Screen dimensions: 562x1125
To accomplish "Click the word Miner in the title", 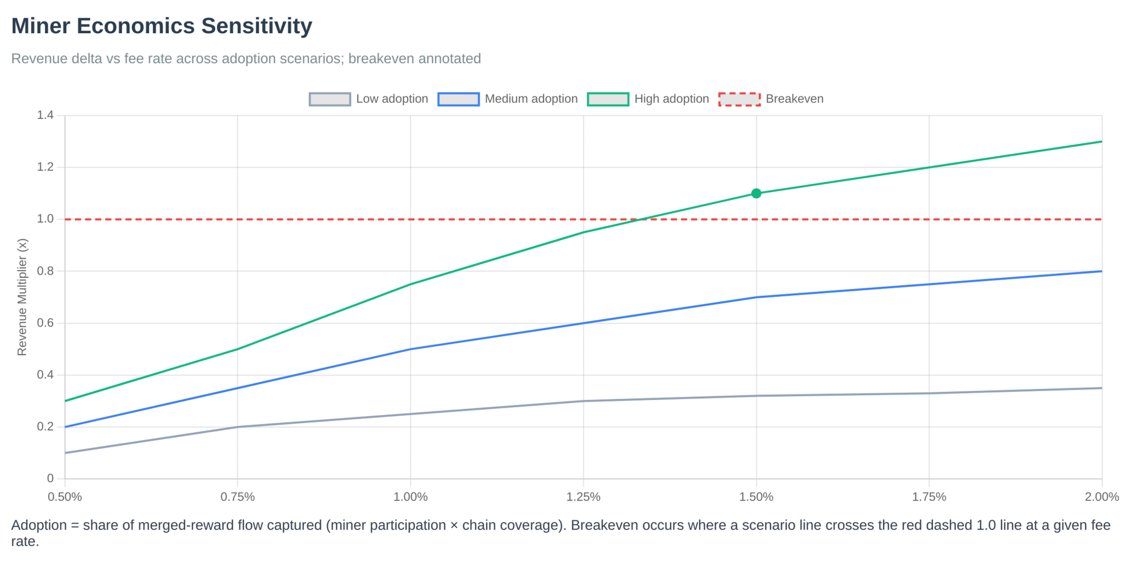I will point(40,27).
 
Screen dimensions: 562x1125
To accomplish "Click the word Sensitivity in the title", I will point(256,27).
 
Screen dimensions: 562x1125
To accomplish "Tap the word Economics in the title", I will point(135,27).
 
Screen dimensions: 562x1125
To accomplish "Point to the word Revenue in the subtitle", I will point(38,59).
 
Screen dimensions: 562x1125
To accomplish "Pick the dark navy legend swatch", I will point(330,100).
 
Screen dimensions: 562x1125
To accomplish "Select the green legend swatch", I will point(608,100).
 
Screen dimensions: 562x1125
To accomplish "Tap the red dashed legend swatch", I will point(740,100).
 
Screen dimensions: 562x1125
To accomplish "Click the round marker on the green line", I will point(756,194).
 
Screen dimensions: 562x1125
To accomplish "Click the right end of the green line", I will point(1101,142).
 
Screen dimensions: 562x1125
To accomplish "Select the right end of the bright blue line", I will point(1101,271).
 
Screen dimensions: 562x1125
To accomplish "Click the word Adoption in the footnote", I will point(38,526).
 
